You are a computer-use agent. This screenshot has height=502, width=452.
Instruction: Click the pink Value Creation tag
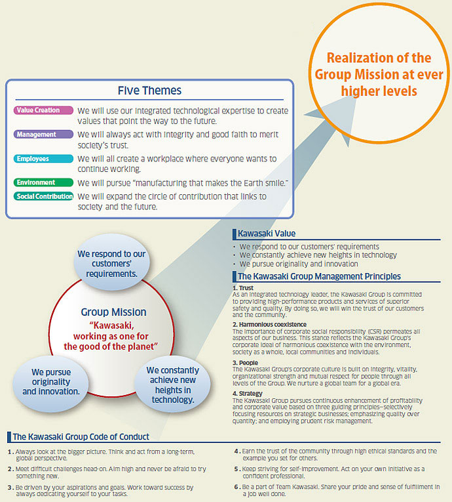pyautogui.click(x=43, y=110)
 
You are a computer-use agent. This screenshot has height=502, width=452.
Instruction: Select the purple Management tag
pyautogui.click(x=43, y=135)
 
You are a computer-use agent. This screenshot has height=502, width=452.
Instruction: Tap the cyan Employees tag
pyautogui.click(x=43, y=159)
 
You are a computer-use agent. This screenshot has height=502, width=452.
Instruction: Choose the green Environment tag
pyautogui.click(x=43, y=182)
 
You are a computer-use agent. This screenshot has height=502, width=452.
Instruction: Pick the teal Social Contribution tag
pyautogui.click(x=43, y=196)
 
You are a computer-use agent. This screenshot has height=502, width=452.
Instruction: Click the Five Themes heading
pyautogui.click(x=149, y=91)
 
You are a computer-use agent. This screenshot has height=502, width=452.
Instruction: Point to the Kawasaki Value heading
pyautogui.click(x=267, y=234)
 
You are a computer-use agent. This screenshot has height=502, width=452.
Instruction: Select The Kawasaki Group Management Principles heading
pyautogui.click(x=319, y=276)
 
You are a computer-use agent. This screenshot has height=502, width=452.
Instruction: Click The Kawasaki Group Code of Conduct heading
pyautogui.click(x=81, y=436)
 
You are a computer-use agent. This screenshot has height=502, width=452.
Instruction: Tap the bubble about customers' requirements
pyautogui.click(x=111, y=262)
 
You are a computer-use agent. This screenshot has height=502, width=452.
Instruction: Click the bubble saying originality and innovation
pyautogui.click(x=51, y=382)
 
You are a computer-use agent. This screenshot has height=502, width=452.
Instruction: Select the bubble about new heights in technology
pyautogui.click(x=173, y=385)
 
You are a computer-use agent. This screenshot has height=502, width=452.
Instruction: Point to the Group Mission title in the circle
pyautogui.click(x=113, y=312)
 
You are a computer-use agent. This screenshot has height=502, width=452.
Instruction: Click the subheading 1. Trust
pyautogui.click(x=243, y=288)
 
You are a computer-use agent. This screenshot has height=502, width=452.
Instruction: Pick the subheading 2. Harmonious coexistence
pyautogui.click(x=269, y=324)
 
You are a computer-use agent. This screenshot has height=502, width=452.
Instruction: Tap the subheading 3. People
pyautogui.click(x=245, y=363)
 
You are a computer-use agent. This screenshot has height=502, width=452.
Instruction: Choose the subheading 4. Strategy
pyautogui.click(x=248, y=394)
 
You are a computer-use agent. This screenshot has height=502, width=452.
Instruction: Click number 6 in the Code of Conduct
pyautogui.click(x=236, y=487)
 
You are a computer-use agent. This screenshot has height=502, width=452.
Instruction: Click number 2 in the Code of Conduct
pyautogui.click(x=10, y=469)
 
